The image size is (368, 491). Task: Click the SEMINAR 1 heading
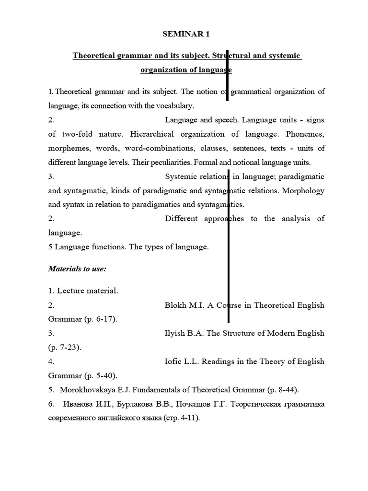point(186,34)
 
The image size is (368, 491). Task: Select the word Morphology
point(303,190)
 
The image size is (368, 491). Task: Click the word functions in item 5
point(107,247)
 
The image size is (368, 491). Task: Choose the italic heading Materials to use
point(77,269)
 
